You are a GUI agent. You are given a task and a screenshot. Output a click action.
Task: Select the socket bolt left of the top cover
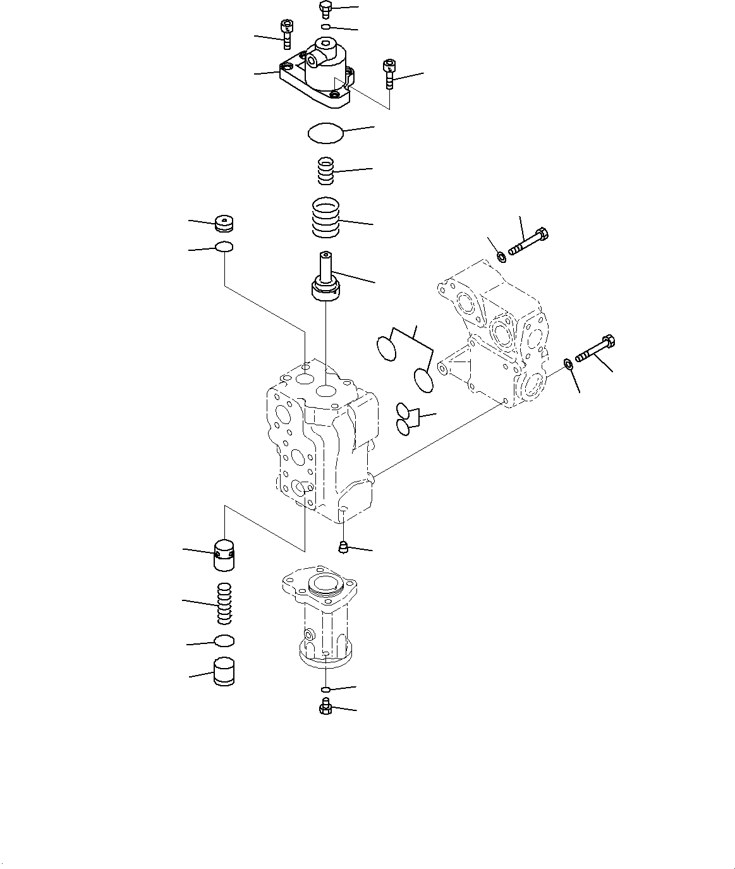coord(286,33)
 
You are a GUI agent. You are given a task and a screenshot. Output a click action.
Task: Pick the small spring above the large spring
coord(325,171)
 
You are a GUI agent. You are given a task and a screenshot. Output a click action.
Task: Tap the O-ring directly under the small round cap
coord(224,247)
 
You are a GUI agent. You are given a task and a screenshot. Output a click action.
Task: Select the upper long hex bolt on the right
coord(528,241)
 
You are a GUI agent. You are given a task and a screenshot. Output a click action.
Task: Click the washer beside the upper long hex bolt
coord(501,257)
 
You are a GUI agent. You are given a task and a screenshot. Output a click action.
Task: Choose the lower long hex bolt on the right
coord(596,349)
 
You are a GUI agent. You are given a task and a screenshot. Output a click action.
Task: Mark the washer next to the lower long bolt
coord(568,363)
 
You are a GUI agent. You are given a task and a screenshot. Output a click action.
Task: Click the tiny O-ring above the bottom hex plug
coord(325,689)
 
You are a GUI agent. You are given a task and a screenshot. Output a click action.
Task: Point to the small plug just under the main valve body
coord(343,546)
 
